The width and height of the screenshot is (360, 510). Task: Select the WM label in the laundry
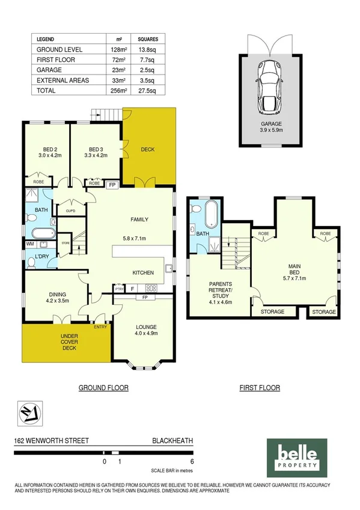[30, 244]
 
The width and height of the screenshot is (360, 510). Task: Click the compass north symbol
[28, 412]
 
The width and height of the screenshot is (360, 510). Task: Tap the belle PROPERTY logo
[297, 455]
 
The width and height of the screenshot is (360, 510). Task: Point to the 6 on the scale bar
[192, 462]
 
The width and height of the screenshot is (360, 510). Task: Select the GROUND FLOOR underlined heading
[103, 388]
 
